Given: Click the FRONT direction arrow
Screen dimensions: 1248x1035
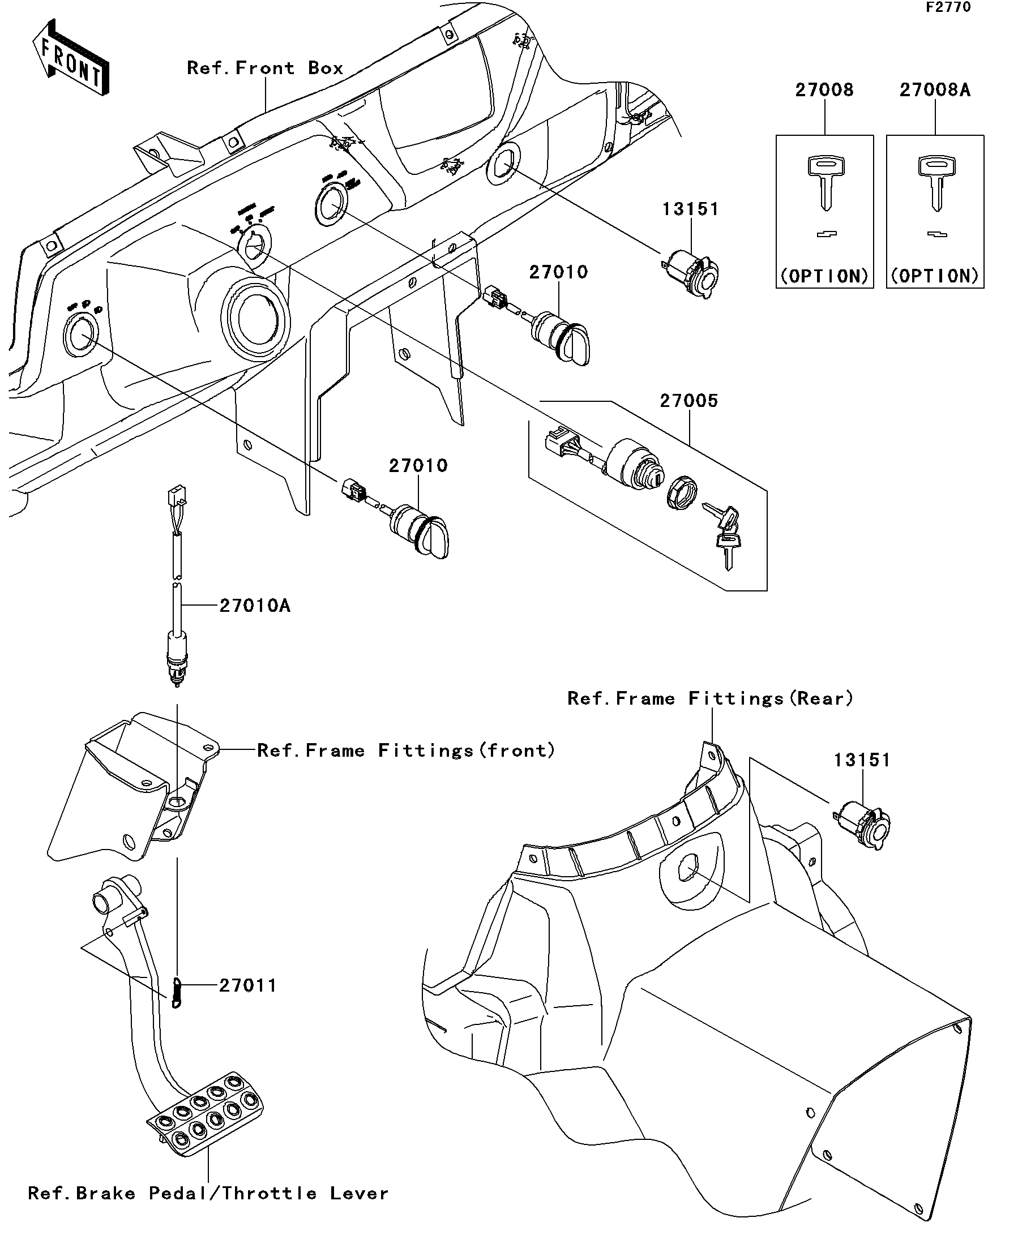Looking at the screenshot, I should pyautogui.click(x=70, y=58).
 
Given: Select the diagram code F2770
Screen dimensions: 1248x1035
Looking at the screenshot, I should pyautogui.click(x=948, y=7).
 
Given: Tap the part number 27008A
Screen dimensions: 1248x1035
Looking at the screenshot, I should pyautogui.click(x=935, y=90).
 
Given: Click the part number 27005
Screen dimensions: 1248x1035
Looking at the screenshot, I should pyautogui.click(x=688, y=401).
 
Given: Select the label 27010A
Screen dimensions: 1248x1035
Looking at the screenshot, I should pyautogui.click(x=255, y=606).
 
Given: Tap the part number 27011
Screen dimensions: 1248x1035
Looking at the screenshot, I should pyautogui.click(x=248, y=986).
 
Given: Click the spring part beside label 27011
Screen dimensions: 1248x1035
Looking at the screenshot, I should pyautogui.click(x=176, y=993).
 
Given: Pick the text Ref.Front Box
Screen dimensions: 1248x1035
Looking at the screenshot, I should pyautogui.click(x=265, y=68).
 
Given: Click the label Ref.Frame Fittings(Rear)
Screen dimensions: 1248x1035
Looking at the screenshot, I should pyautogui.click(x=711, y=698).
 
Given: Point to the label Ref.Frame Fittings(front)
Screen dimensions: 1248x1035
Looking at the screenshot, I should pyautogui.click(x=406, y=750).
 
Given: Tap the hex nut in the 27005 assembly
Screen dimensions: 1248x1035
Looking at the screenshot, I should pyautogui.click(x=682, y=492).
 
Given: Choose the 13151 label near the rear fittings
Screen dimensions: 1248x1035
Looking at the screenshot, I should pyautogui.click(x=862, y=760).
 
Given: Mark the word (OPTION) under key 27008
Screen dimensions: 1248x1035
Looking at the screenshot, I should pyautogui.click(x=824, y=276).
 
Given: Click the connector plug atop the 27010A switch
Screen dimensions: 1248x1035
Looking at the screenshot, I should pyautogui.click(x=177, y=495).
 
